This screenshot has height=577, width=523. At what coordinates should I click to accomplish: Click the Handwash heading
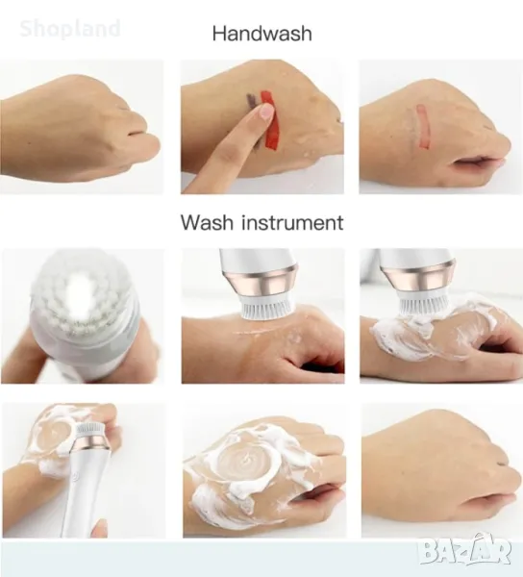(261, 34)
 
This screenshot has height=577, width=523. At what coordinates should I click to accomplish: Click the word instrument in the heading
(292, 223)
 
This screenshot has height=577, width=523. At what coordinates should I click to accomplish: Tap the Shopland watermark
(70, 29)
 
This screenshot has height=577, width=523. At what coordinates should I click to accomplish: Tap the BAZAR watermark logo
(466, 550)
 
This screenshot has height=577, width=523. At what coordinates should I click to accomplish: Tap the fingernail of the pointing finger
(267, 112)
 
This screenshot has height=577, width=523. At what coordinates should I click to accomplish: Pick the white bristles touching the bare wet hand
(262, 306)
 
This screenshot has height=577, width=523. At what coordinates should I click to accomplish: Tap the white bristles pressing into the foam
(420, 304)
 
